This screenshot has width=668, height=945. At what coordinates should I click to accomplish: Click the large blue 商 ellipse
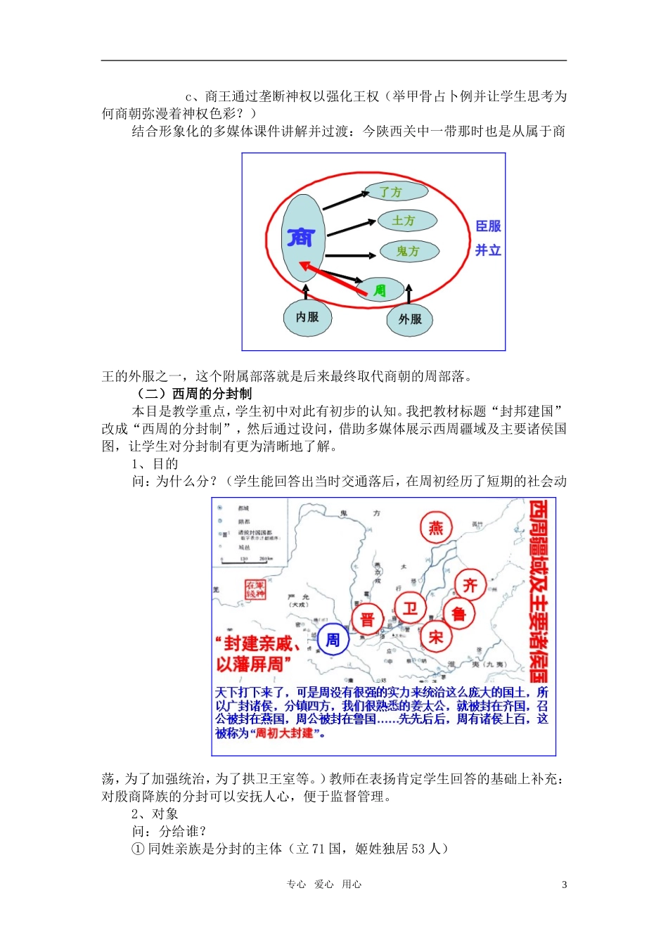pos(302,237)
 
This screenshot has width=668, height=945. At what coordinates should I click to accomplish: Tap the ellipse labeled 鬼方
pos(409,250)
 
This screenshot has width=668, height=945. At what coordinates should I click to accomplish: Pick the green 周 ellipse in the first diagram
pos(380,290)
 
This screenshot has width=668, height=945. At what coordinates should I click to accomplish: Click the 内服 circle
pos(307,317)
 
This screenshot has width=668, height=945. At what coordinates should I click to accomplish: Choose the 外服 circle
pos(409,319)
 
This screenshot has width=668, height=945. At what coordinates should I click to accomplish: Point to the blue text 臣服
pos(488,226)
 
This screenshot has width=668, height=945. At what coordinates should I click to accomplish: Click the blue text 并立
pos(488,250)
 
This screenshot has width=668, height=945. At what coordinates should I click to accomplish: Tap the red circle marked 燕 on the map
pos(437,528)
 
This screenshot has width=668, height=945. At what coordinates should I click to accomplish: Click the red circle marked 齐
pos(470,585)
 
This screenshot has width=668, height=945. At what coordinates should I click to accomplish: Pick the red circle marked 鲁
pos(458,615)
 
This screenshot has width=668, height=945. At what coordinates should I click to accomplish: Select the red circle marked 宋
pos(436,637)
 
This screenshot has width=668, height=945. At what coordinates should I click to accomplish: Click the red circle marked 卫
pos(410,608)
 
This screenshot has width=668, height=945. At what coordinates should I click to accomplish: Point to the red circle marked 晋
pos(367,619)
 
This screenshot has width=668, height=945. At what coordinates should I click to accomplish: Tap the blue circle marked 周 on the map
pos(333,640)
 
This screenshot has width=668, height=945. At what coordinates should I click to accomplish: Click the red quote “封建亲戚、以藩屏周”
pos(258,654)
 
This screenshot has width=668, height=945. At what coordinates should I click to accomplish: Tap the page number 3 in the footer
pos(564,885)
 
